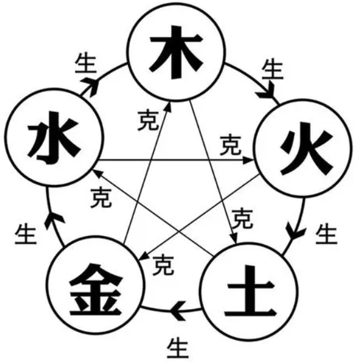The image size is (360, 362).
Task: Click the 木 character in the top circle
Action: pos(176,52)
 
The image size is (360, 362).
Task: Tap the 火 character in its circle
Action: pos(306,149)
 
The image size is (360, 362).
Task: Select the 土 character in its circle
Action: pos(250,291)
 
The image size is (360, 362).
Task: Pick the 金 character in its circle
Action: pos(95,289)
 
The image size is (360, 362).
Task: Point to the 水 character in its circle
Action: pos(54,138)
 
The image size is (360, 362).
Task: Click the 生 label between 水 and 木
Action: pos(86,64)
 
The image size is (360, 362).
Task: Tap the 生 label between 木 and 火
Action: pos(273,69)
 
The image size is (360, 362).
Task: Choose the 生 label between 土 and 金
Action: pos(178,347)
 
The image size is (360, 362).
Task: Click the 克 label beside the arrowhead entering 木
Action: pos(148,120)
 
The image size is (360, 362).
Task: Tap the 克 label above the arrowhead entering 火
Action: pos(231,145)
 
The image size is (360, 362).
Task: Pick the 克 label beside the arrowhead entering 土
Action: pos(242,218)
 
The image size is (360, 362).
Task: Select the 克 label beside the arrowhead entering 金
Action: pos(163,266)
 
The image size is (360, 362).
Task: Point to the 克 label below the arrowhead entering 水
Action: pos(101,198)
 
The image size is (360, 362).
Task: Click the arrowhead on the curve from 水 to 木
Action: pos(90,86)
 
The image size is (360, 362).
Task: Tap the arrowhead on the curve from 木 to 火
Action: pos(266,90)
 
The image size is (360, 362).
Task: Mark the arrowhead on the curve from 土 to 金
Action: pos(178,311)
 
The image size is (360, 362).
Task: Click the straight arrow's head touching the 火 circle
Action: pos(249,160)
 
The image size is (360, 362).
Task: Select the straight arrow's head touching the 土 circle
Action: pos(234,238)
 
